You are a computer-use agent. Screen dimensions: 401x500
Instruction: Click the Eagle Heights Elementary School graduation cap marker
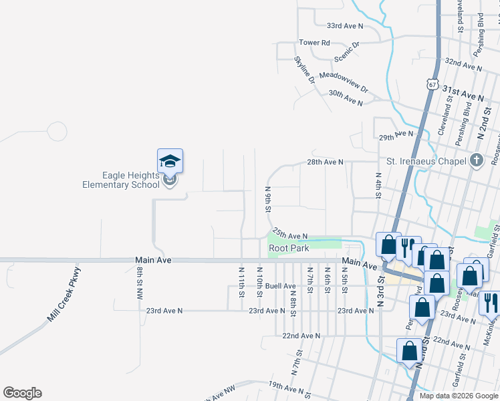[x=170, y=161]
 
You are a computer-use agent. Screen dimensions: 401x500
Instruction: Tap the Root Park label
[x=288, y=248]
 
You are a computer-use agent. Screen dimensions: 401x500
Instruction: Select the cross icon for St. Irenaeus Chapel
[x=476, y=160]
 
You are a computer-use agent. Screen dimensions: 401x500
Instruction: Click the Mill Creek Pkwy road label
[x=64, y=295]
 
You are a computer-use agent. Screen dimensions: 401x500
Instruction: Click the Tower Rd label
[x=315, y=43]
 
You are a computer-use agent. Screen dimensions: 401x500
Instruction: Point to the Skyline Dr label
[x=304, y=70]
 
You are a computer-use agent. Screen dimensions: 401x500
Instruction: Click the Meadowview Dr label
[x=344, y=82]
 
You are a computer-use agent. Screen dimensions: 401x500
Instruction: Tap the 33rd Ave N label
[x=344, y=26]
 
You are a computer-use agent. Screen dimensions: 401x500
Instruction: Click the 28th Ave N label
[x=325, y=162]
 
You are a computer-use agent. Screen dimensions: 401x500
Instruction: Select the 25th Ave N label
[x=289, y=236]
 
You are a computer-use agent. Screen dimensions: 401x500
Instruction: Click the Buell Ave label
[x=280, y=286]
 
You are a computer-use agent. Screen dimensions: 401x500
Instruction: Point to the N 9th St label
[x=267, y=199]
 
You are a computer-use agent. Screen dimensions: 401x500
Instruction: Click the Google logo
[x=22, y=393]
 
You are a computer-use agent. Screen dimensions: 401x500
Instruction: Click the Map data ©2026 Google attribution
[x=459, y=396]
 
